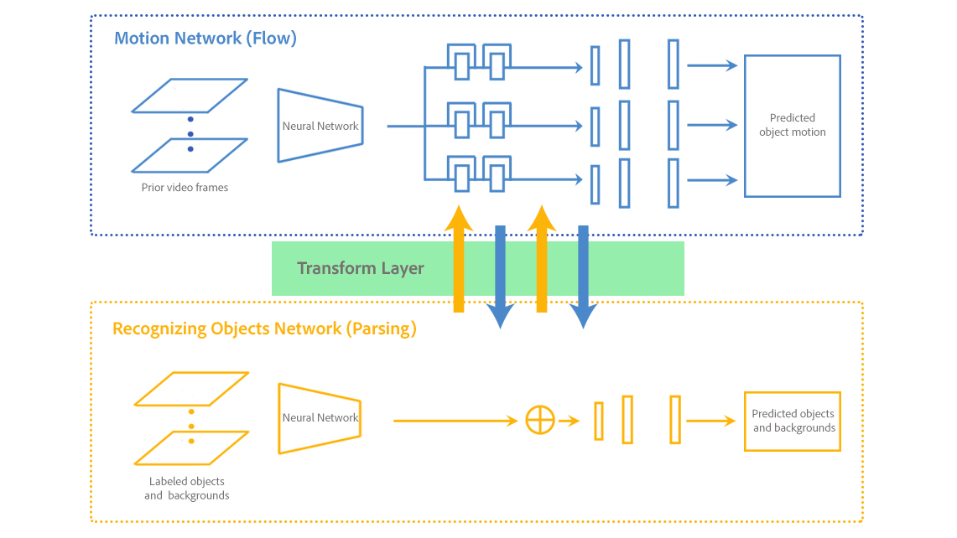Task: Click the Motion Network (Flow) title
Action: [205, 38]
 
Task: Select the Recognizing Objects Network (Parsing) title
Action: [264, 328]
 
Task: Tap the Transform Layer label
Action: [361, 269]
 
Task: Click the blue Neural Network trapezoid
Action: [320, 126]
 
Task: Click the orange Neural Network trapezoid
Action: [320, 418]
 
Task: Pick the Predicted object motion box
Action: [792, 126]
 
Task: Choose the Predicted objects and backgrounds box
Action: [792, 421]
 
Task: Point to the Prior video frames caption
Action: [185, 188]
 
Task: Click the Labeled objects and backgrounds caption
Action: [186, 489]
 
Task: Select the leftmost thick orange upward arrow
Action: [459, 260]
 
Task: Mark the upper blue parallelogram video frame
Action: [190, 96]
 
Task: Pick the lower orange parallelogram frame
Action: [192, 447]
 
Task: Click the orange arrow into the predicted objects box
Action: [711, 422]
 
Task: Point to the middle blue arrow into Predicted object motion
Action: [712, 126]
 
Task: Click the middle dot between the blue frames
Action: [190, 134]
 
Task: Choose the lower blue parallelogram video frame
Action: [190, 155]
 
